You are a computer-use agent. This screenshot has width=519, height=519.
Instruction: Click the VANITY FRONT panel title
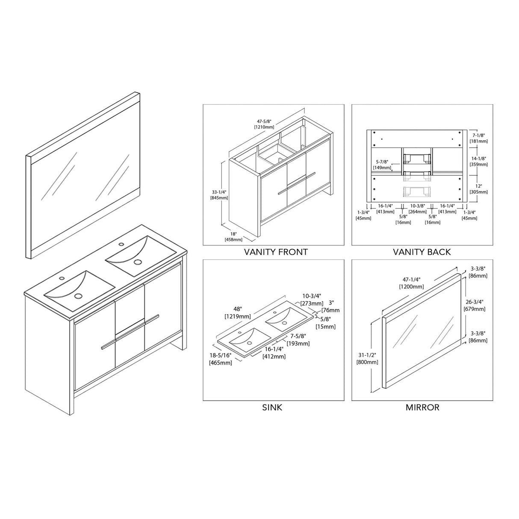[276, 252]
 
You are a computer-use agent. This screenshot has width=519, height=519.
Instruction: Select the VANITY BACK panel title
[422, 252]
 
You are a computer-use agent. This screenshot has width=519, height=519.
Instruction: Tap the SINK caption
[272, 407]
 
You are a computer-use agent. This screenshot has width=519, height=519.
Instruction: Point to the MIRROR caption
[422, 407]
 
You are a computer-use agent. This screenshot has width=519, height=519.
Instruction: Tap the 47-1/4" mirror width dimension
[412, 283]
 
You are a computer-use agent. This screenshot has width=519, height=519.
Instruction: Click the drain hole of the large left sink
[78, 295]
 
